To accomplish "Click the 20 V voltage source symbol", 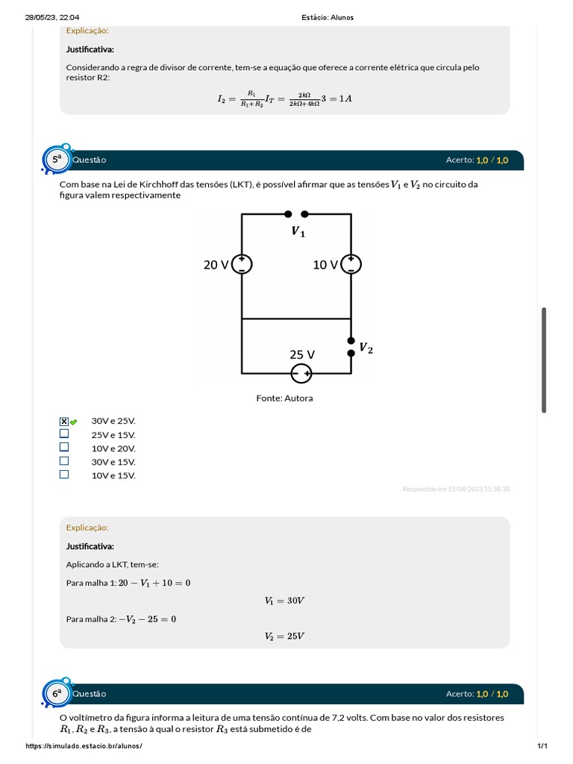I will click(242, 264).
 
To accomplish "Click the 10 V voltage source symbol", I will click(351, 264).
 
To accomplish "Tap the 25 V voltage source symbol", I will click(301, 373).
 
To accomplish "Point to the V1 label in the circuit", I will click(298, 232).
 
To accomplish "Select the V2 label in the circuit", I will click(366, 348).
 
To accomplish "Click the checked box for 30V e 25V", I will click(64, 422).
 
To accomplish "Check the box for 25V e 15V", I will click(64, 433).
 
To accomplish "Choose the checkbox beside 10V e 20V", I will click(64, 447).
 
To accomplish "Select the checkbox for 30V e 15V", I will click(64, 460).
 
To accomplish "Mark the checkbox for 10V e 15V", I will click(64, 474).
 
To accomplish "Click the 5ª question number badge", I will click(57, 160).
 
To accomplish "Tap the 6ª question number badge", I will click(57, 694).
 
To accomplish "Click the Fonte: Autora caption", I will click(285, 398).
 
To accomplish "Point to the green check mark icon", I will click(74, 422).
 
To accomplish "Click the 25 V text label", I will click(302, 354).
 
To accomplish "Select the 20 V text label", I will click(216, 265).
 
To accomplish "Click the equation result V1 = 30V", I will click(284, 601).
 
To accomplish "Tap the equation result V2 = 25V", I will click(284, 636).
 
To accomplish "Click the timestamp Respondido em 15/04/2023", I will click(456, 489).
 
